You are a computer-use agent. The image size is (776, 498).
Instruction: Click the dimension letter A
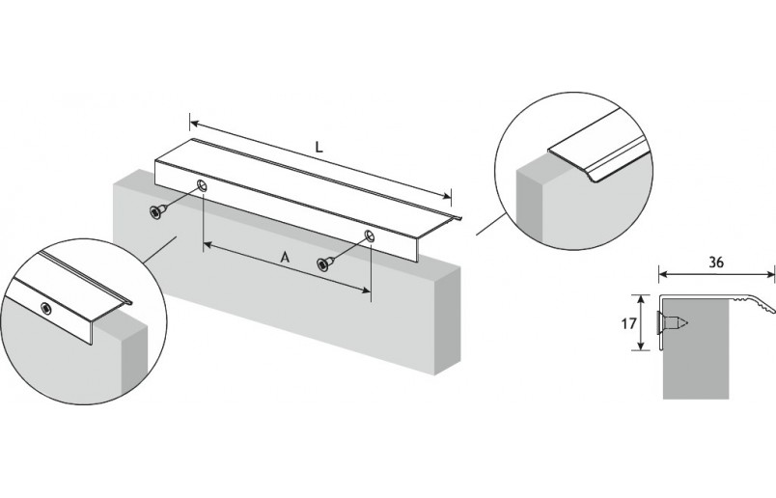(x=284, y=258)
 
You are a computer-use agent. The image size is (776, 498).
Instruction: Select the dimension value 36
(x=715, y=261)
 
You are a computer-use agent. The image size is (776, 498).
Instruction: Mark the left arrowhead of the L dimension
(x=193, y=124)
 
